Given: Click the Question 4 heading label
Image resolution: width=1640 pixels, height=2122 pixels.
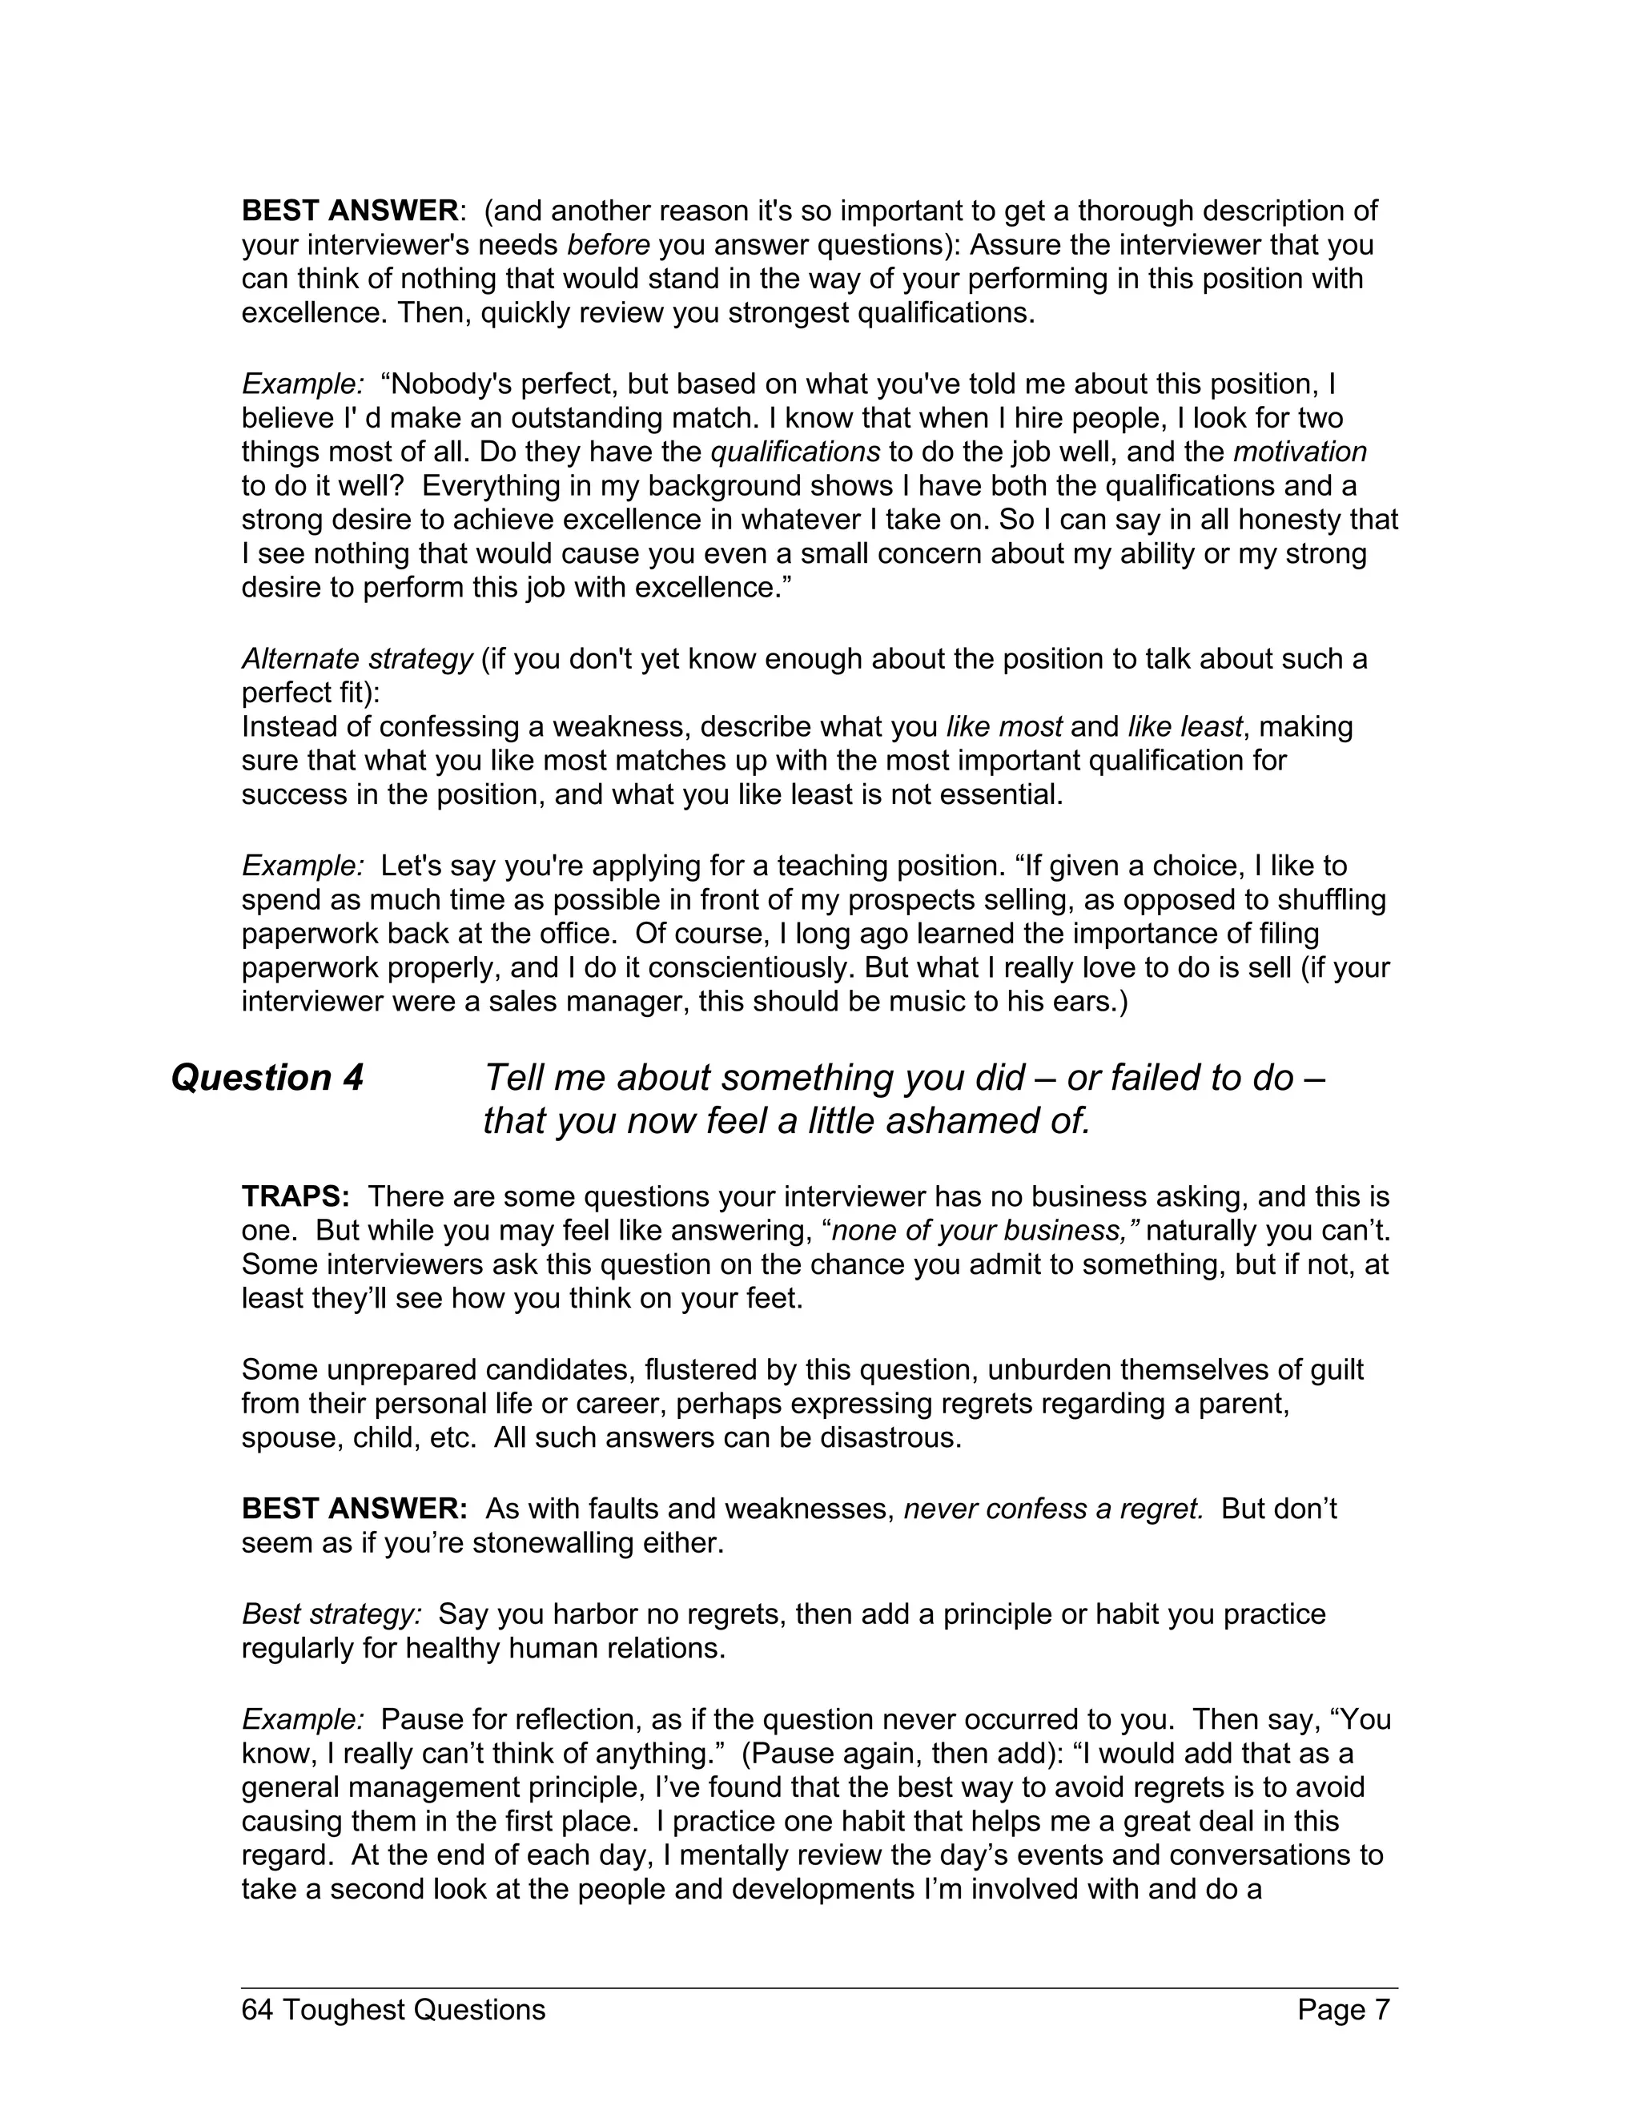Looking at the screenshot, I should (267, 1078).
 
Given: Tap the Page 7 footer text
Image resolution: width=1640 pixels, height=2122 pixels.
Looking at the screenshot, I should (1344, 2008).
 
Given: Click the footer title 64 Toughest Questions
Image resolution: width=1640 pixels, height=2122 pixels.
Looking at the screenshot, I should (393, 2008).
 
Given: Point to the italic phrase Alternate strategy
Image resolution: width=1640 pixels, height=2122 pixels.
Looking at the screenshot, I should (356, 659).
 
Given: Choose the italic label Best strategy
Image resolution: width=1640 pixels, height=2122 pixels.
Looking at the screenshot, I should (332, 1614).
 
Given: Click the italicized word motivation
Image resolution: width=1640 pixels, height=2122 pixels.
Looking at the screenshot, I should (1299, 452).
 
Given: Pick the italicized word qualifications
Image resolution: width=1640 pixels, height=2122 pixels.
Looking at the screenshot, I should (796, 452).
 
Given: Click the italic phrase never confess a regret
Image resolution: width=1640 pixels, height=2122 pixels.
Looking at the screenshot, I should (1054, 1509).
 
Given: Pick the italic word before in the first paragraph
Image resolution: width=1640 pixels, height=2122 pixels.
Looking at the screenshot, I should (609, 245).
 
